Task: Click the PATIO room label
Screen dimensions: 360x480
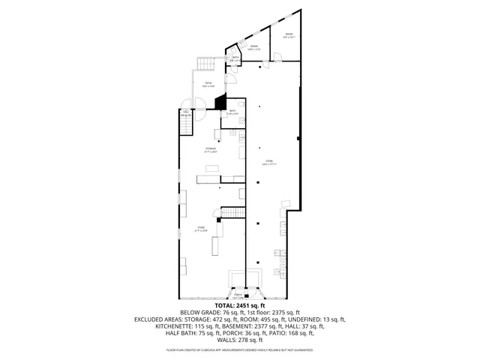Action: point(208,83)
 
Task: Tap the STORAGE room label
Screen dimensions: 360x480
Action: point(211,149)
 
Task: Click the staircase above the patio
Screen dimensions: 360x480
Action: point(205,63)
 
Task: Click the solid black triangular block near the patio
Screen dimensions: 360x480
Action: point(221,101)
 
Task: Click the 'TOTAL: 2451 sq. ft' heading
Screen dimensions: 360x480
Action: point(239,305)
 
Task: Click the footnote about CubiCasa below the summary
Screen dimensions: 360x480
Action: point(239,349)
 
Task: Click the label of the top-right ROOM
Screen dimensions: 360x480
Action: point(289,34)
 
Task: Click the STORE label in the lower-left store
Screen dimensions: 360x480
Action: point(200,228)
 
